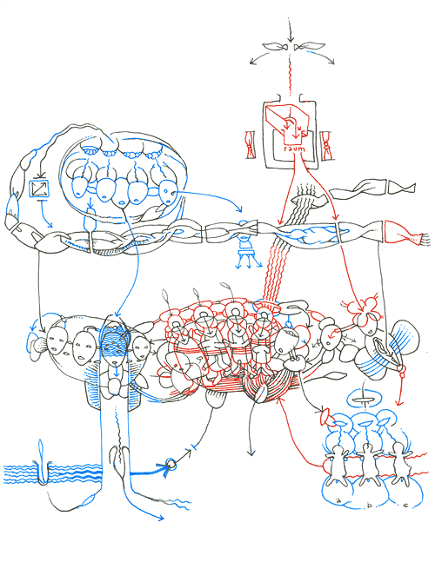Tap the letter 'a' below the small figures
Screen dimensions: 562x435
(336, 501)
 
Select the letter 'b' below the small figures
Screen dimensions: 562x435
(370, 504)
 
